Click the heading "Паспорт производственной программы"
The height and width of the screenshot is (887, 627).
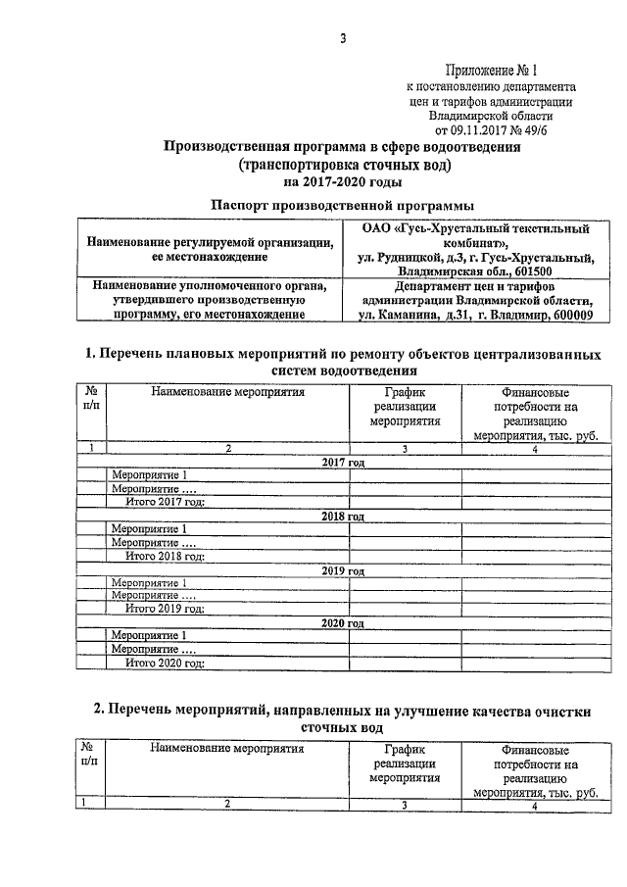click(x=343, y=205)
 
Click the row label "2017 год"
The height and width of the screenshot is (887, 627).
click(x=343, y=462)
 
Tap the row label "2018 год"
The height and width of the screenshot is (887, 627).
click(x=343, y=516)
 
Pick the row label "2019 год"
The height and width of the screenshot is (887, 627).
click(x=343, y=569)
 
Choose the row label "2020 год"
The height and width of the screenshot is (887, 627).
click(x=343, y=622)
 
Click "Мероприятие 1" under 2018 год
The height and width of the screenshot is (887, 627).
click(x=150, y=529)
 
